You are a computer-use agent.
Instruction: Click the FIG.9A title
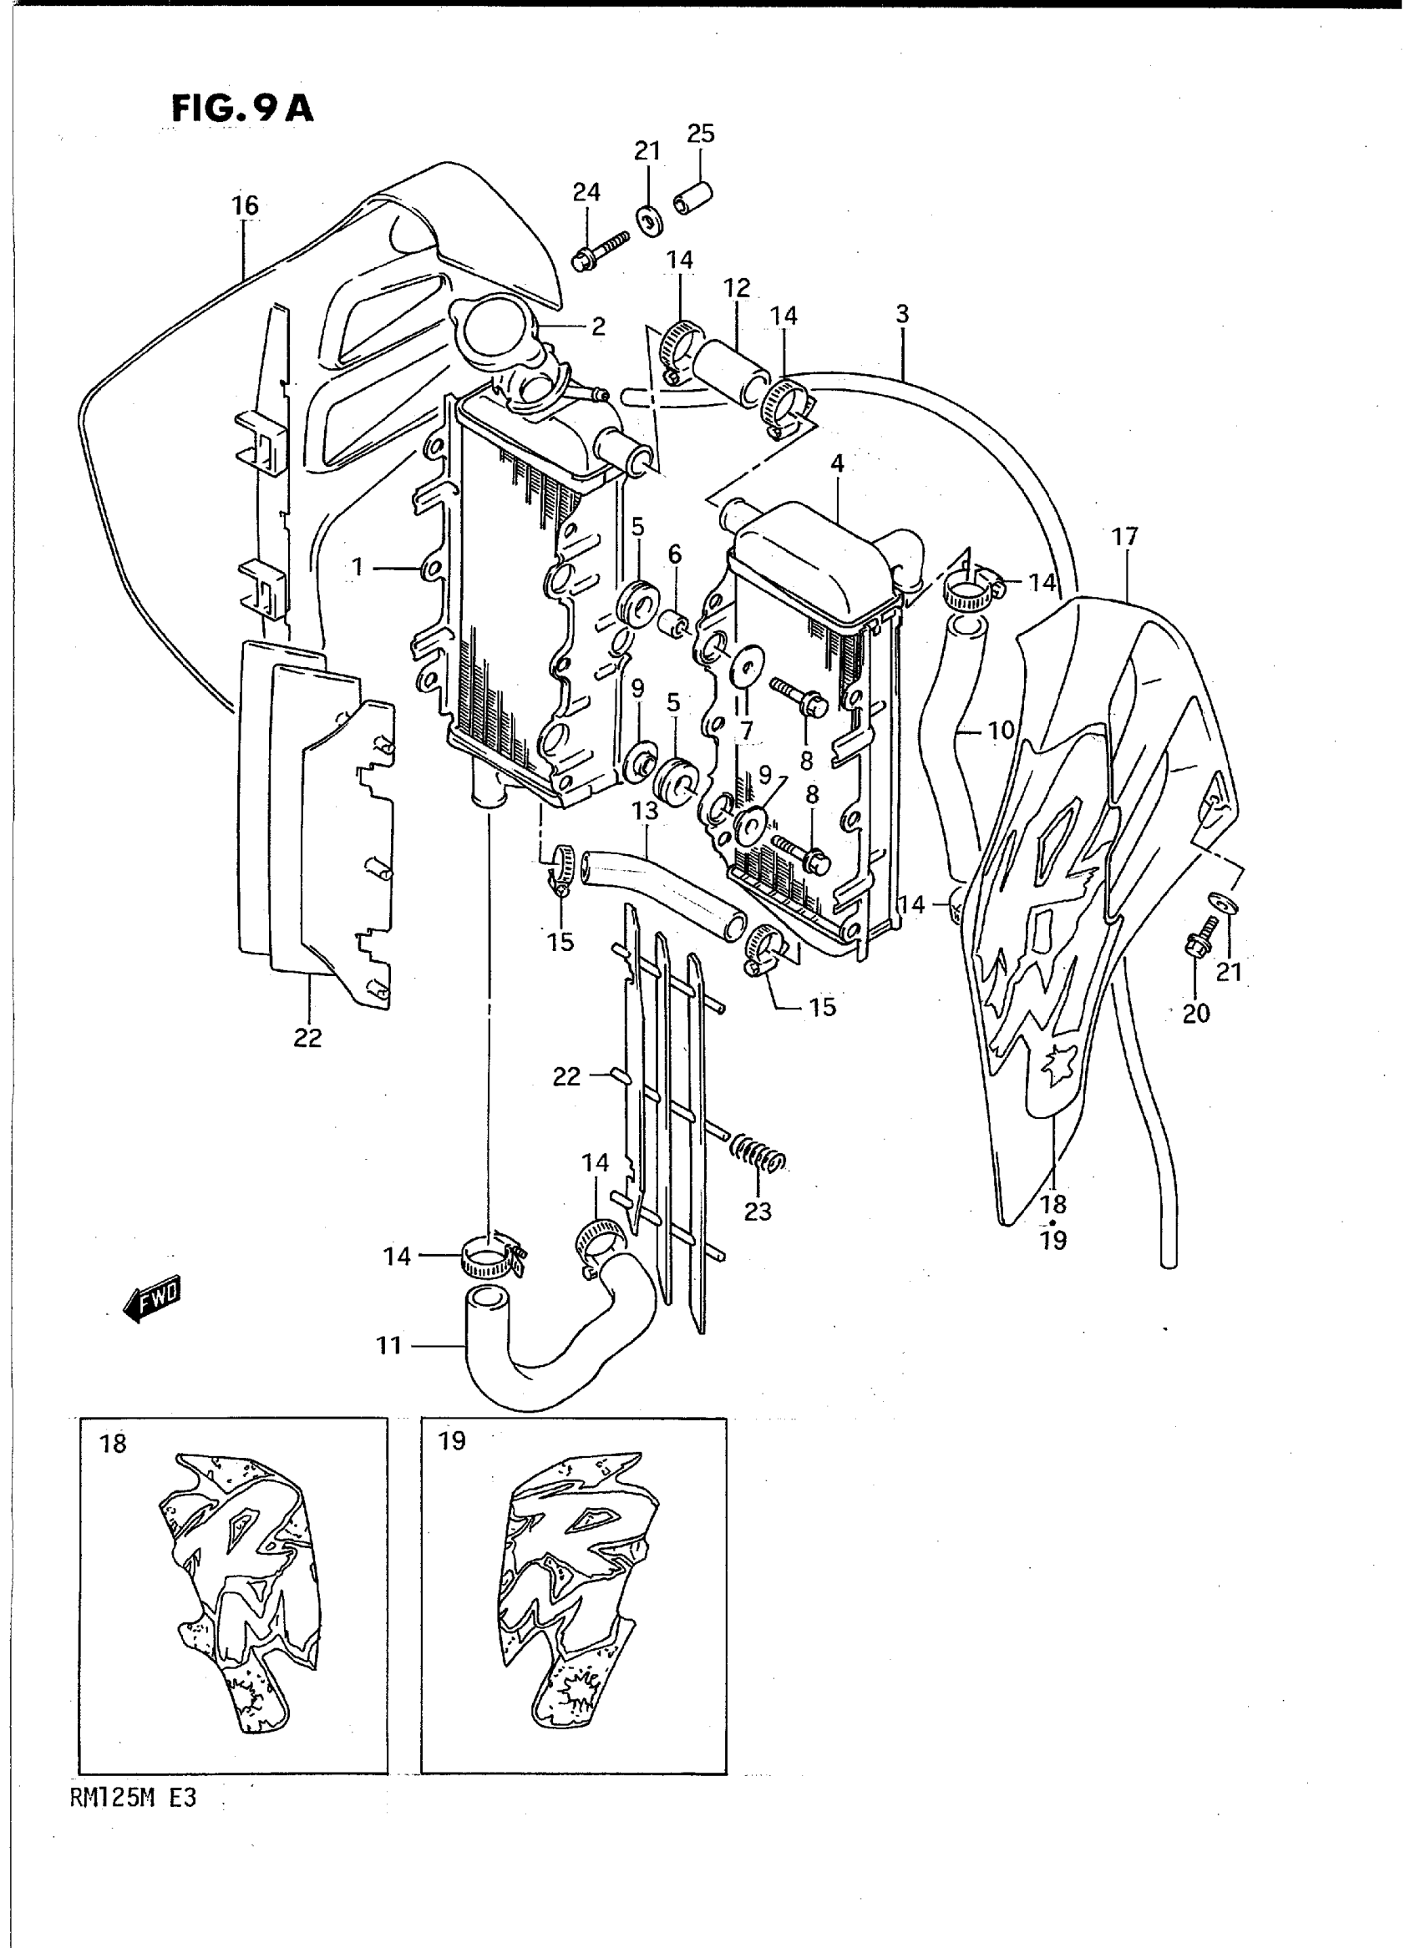[x=242, y=109]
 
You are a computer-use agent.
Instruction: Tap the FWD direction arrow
[x=153, y=1298]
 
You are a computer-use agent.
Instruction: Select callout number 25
[x=701, y=134]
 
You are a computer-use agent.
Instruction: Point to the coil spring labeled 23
[x=758, y=1156]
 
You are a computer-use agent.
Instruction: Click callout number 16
[x=245, y=205]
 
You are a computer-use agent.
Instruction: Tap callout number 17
[x=1124, y=537]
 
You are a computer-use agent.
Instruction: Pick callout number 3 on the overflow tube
[x=901, y=315]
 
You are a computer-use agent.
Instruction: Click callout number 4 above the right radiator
[x=837, y=464]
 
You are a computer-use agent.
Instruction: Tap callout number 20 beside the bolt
[x=1195, y=1014]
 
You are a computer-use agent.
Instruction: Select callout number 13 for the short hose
[x=645, y=810]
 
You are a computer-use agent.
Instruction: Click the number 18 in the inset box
[x=113, y=1444]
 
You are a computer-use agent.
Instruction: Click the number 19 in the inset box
[x=452, y=1441]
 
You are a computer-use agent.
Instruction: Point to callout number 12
[x=737, y=287]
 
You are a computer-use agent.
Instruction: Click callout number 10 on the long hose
[x=1001, y=731]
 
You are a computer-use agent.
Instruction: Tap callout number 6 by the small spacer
[x=675, y=555]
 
